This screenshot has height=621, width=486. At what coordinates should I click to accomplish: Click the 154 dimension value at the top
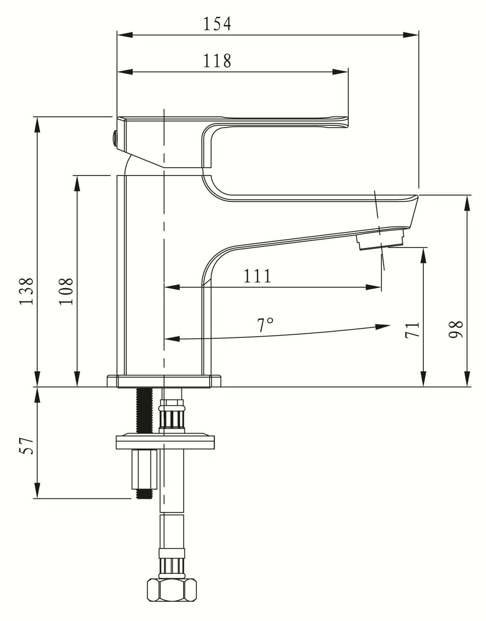[x=217, y=24]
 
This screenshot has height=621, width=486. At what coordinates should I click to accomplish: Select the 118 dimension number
[x=217, y=61]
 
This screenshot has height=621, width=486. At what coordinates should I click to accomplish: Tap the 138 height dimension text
[x=27, y=291]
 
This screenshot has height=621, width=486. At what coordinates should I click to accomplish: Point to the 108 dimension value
[x=66, y=291]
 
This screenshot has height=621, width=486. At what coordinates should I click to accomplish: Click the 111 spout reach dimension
[x=257, y=276]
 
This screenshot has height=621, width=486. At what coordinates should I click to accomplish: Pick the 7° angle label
[x=265, y=325]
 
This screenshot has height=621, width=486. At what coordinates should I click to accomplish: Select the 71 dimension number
[x=413, y=330]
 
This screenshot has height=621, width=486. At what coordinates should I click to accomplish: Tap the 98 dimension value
[x=456, y=330]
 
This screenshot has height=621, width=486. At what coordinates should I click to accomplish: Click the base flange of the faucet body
[x=164, y=380]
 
